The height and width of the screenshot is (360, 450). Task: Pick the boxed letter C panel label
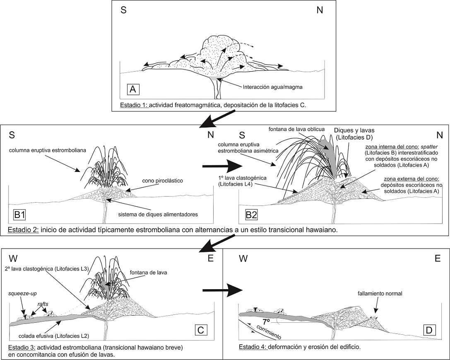pyautogui.click(x=200, y=330)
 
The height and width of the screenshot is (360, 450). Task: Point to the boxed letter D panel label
pyautogui.click(x=428, y=331)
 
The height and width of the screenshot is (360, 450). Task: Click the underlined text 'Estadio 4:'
pyautogui.click(x=253, y=347)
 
